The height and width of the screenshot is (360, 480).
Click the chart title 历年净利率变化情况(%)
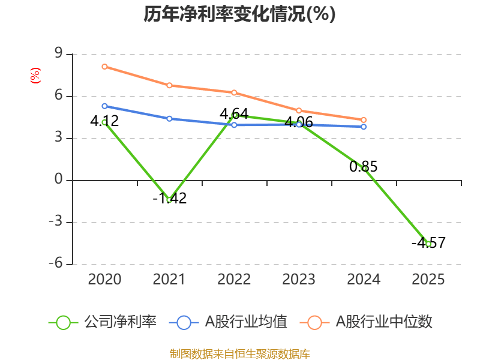point(239,14)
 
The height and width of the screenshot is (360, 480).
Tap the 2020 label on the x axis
point(104,279)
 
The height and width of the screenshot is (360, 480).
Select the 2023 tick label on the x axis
point(299,279)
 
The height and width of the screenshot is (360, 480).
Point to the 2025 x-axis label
point(428,279)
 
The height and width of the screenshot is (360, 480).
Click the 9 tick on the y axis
point(59,55)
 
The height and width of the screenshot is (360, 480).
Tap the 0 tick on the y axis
point(59,180)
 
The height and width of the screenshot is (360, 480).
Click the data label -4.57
point(428,243)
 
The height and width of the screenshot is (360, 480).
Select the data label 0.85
point(364,167)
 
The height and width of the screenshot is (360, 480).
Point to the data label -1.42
point(169,198)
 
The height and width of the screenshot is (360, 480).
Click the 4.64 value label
point(234,113)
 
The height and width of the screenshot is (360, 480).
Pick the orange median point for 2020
point(104,67)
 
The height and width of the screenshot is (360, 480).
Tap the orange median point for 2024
point(364,120)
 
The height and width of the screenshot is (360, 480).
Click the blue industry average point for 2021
point(169,119)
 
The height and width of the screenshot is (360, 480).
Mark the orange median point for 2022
point(234,92)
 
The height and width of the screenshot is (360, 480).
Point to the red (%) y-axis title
point(35,75)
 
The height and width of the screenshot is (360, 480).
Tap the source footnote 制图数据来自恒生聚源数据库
point(239,353)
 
